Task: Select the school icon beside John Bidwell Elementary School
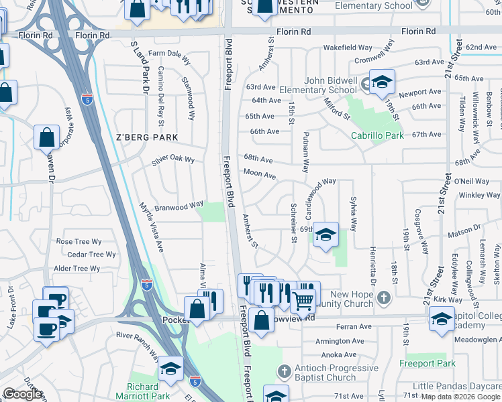click(x=382, y=82)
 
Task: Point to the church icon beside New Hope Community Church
click(x=383, y=296)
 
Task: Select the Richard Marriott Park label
click(x=152, y=391)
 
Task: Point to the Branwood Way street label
click(x=179, y=206)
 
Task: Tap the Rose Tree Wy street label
click(x=79, y=241)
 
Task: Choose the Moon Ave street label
click(x=260, y=175)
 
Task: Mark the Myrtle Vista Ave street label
click(x=151, y=227)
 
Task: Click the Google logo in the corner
click(x=22, y=394)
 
